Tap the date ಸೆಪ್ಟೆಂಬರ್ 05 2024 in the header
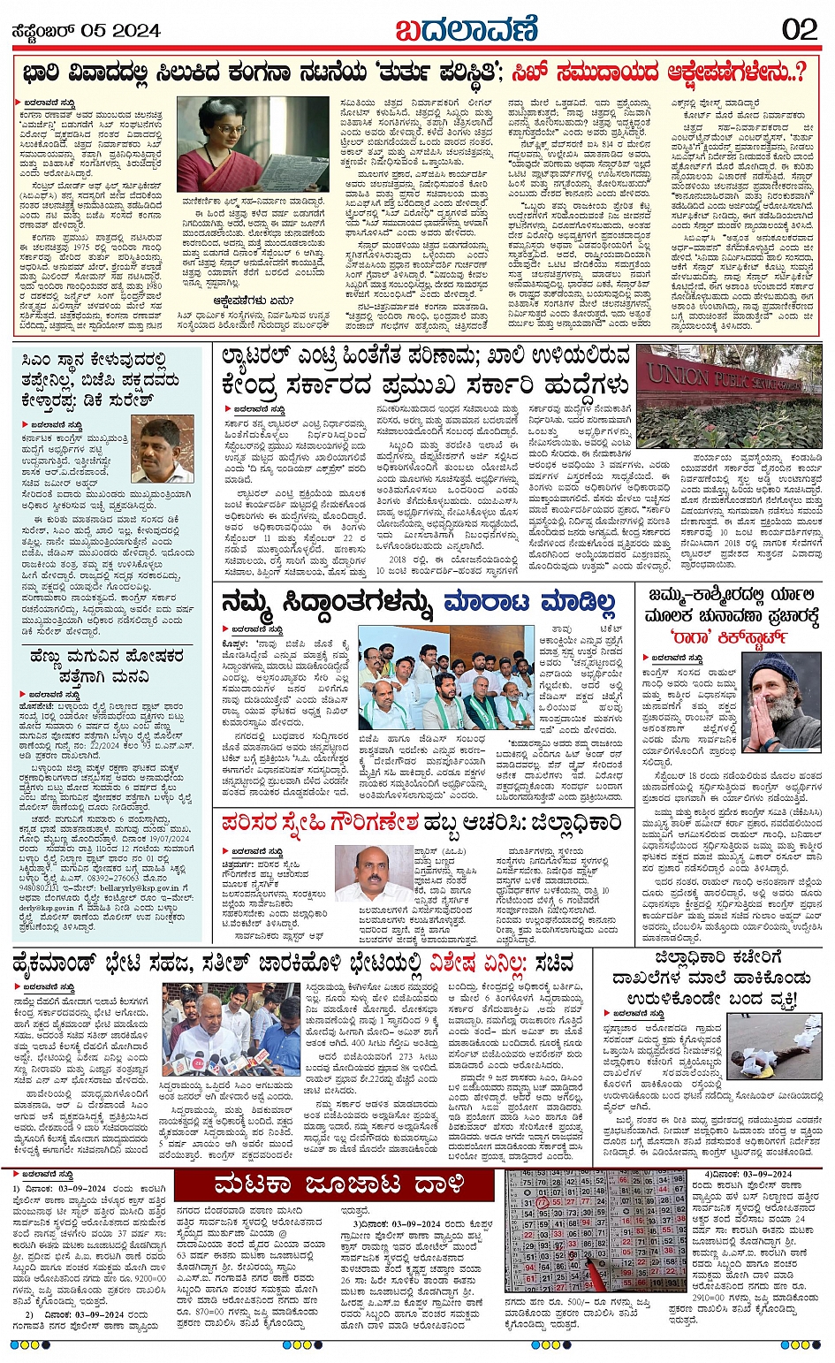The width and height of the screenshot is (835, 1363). [85, 31]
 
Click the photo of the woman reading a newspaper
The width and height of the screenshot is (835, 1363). [228, 143]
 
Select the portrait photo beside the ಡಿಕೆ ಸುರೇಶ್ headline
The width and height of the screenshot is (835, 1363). [163, 449]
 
